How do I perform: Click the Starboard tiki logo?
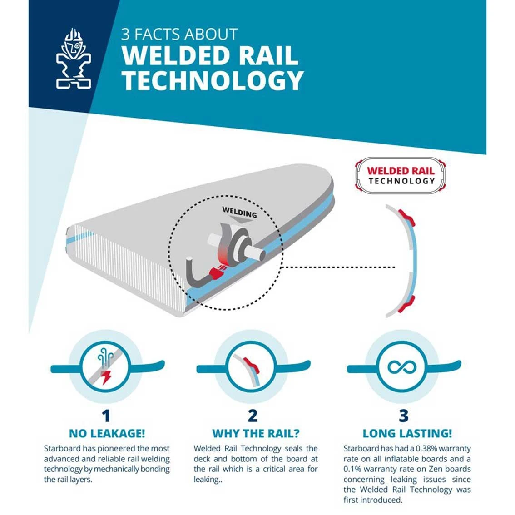point(74,59)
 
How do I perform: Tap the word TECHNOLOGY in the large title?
point(213,81)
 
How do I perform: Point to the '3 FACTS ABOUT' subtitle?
point(179,34)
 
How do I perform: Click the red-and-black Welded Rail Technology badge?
point(401,176)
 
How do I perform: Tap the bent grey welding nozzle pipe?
point(197,273)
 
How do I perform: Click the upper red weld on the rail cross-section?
point(406,218)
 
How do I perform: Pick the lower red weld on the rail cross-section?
point(406,304)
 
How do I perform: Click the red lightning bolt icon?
point(106,377)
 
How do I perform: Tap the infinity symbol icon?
point(402,367)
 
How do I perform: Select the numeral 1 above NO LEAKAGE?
point(106,416)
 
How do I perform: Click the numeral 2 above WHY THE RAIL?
point(253,416)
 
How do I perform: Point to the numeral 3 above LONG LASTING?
point(404,416)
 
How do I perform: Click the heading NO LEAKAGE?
point(107,434)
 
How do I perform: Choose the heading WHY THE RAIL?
point(256,434)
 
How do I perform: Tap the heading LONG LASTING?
point(407,434)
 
